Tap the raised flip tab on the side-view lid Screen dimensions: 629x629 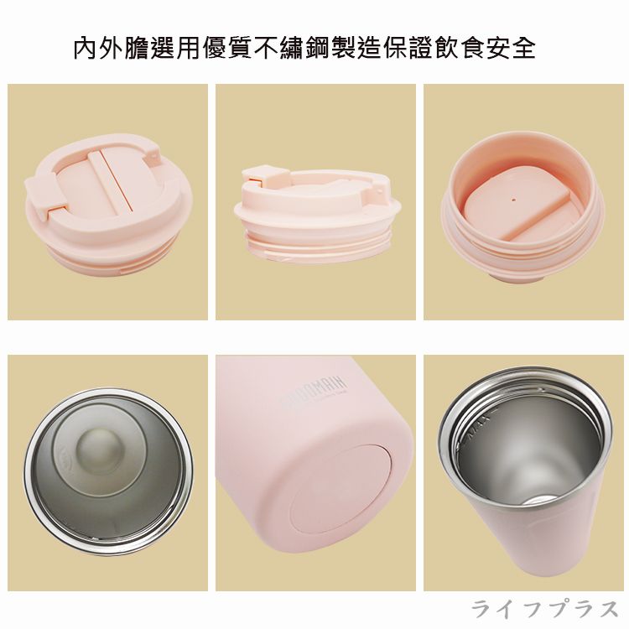click(259, 175)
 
